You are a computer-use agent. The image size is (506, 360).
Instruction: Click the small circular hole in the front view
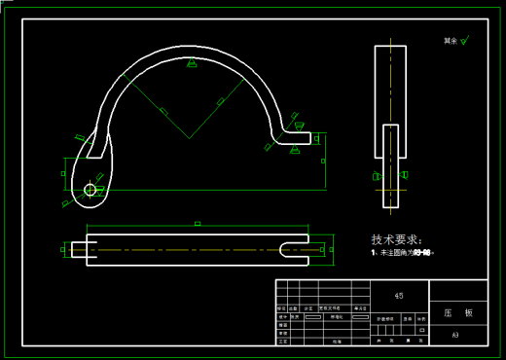(90, 190)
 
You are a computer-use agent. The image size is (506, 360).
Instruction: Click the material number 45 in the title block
(399, 295)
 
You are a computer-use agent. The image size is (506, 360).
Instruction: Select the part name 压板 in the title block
(457, 313)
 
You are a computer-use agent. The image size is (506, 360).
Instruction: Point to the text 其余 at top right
(450, 41)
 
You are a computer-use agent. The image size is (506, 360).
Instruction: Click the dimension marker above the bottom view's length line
(198, 223)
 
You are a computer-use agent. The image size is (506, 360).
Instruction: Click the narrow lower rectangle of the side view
(391, 170)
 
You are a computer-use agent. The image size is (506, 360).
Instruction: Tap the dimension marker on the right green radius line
(221, 100)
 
